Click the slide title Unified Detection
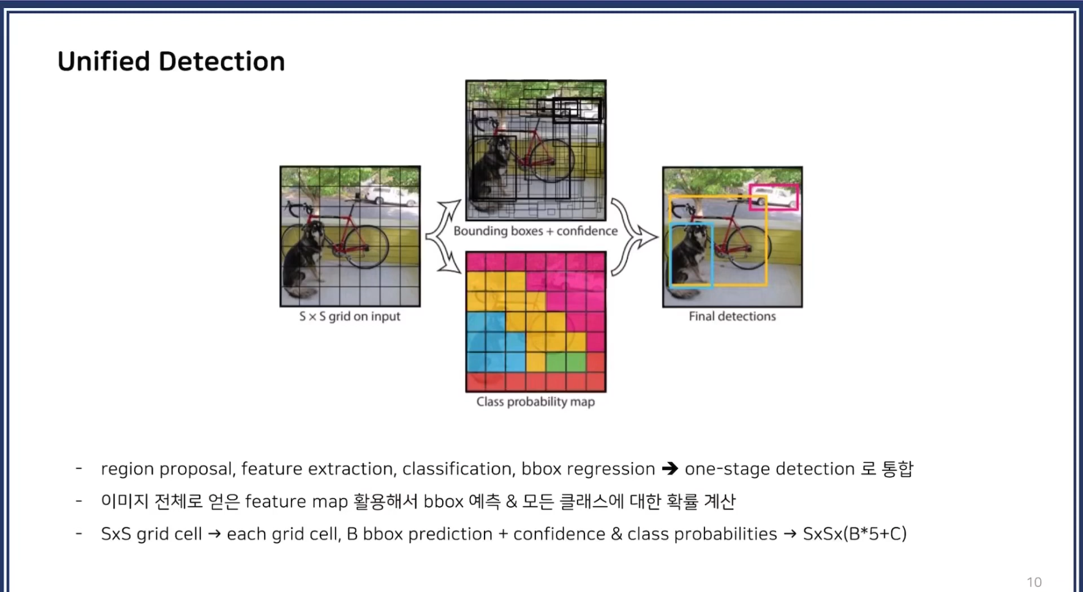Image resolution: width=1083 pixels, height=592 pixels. click(171, 62)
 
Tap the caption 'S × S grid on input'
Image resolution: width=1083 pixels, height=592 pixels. click(349, 317)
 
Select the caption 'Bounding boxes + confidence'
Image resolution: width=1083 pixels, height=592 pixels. click(535, 231)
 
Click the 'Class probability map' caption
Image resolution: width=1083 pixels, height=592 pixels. click(535, 402)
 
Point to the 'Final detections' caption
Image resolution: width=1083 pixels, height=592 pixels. click(732, 317)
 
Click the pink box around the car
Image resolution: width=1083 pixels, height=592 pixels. click(774, 197)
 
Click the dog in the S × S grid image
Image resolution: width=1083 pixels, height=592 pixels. click(304, 257)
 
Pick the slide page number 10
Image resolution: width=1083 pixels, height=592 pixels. click(1034, 582)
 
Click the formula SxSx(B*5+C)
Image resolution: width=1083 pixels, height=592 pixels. click(855, 534)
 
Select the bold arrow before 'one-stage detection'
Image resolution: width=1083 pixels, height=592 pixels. click(670, 469)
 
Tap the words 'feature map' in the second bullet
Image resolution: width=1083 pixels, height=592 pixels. click(296, 501)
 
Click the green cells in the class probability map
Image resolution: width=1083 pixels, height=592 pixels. click(565, 361)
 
